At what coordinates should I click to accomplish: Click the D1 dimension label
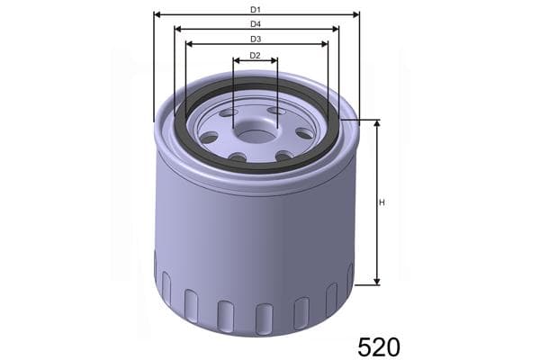pos(256,9)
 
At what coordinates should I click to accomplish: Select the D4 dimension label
pos(256,23)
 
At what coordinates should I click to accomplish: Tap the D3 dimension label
pos(256,39)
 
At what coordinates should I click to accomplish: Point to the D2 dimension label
pos(255,56)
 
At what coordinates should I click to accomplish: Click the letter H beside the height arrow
pos(382,202)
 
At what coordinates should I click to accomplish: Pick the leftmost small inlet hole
pos(210,138)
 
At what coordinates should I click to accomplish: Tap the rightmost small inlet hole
pos(304,133)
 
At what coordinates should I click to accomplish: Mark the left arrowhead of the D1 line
pos(157,14)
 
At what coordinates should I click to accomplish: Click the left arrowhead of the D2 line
pos(236,61)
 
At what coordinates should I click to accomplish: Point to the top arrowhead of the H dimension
pos(376,123)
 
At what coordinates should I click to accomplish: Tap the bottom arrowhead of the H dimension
pos(376,282)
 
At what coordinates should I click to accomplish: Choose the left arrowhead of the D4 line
pos(177,29)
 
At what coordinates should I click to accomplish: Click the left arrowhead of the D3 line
pos(188,43)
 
